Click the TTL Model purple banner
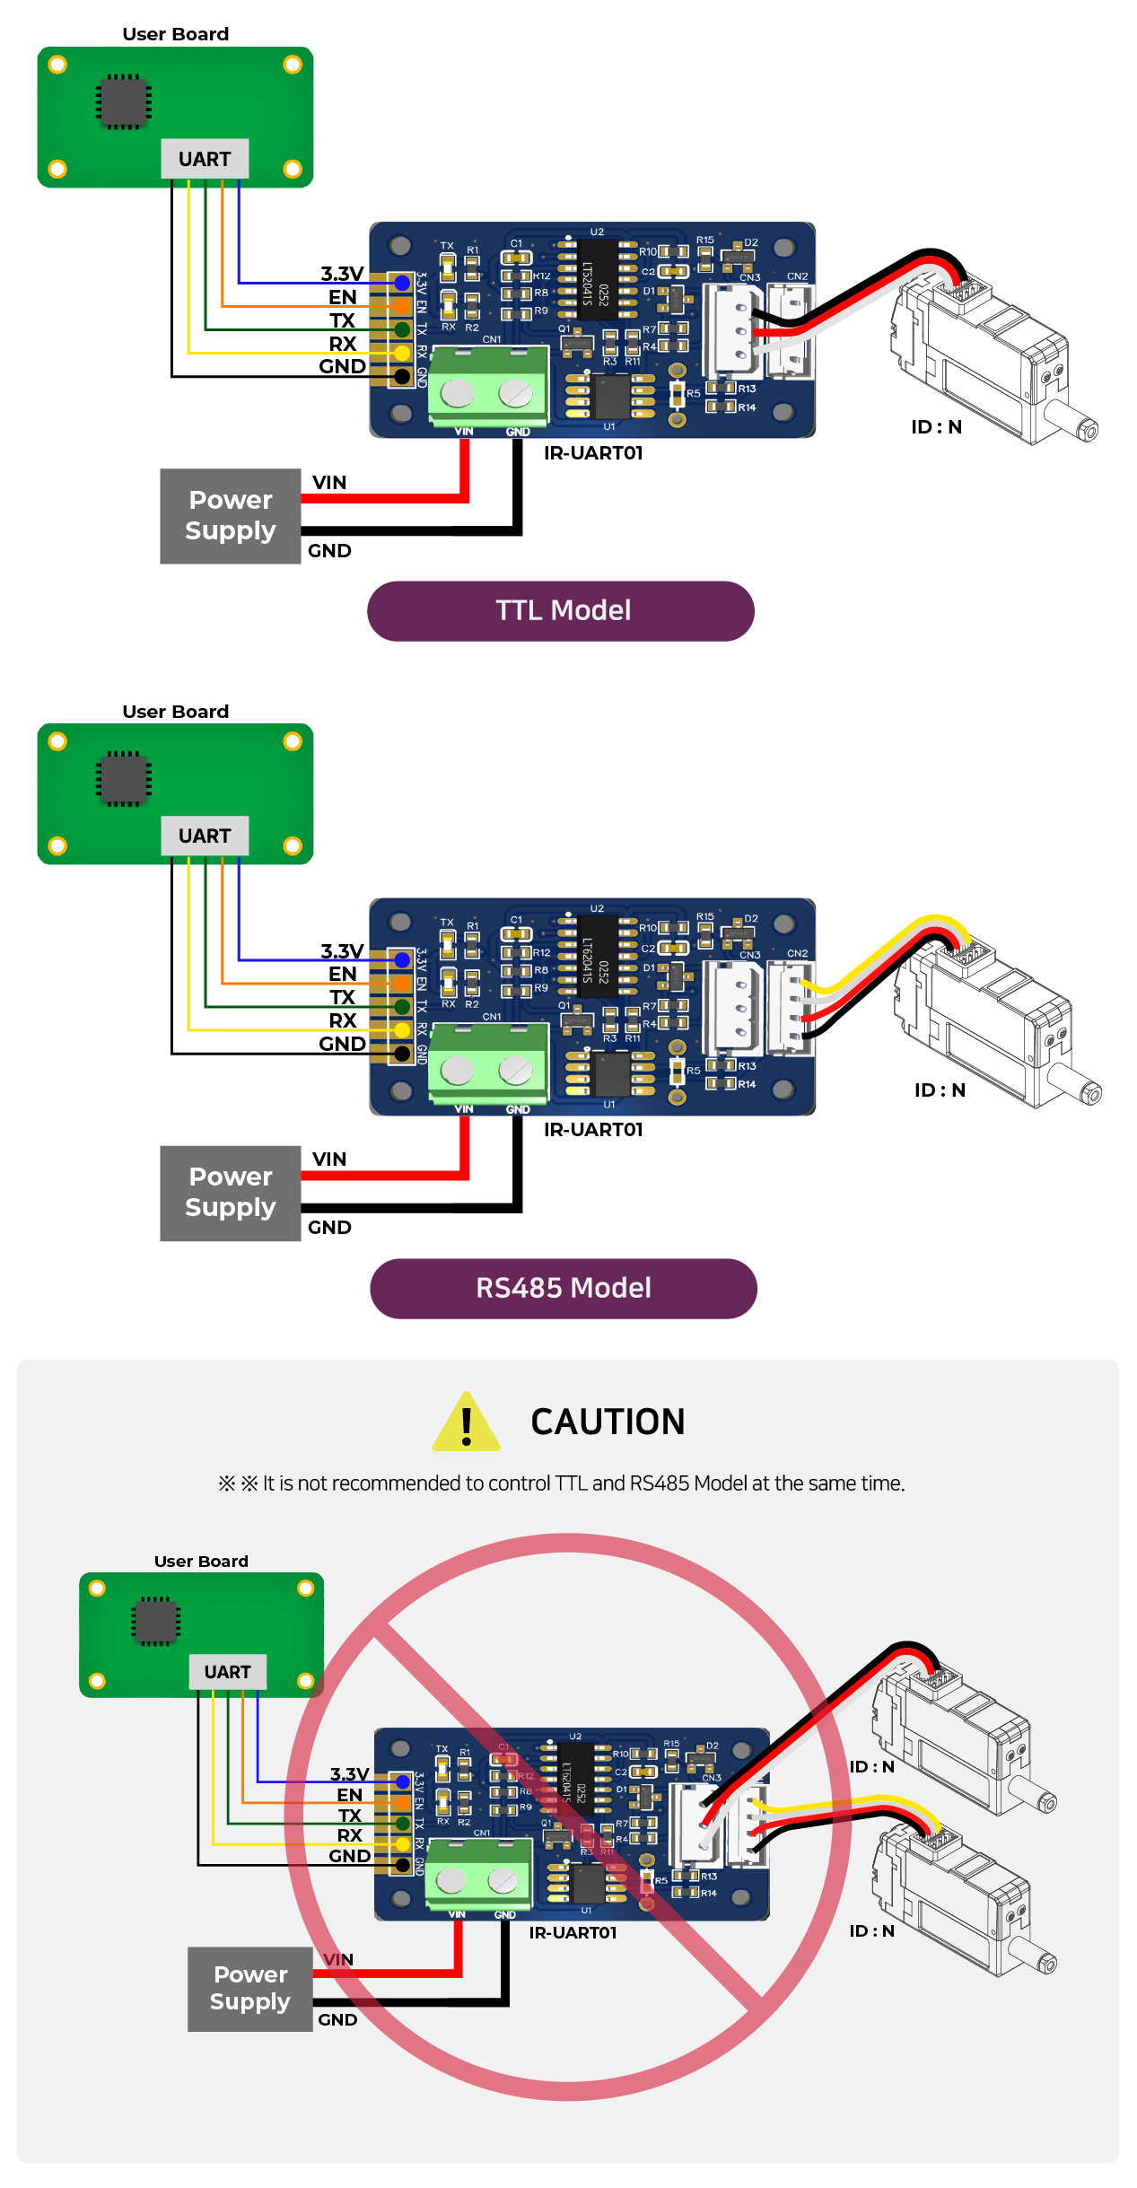coord(561,611)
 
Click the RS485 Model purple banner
coord(563,1288)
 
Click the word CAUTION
coord(608,1422)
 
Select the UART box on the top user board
coord(205,159)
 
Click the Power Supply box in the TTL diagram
coord(230,516)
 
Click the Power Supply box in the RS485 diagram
coord(230,1193)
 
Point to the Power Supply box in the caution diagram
coord(249,1989)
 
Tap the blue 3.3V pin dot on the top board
coord(402,284)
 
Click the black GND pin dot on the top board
coord(402,376)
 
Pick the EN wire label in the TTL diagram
coord(342,297)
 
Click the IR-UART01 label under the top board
coord(593,453)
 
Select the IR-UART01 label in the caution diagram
coord(573,1932)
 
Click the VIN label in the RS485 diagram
coord(329,1160)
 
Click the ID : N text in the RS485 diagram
coord(940,1090)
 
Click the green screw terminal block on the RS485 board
coord(487,1063)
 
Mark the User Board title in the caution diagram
coord(201,1562)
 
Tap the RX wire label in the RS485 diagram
coord(343,1020)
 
